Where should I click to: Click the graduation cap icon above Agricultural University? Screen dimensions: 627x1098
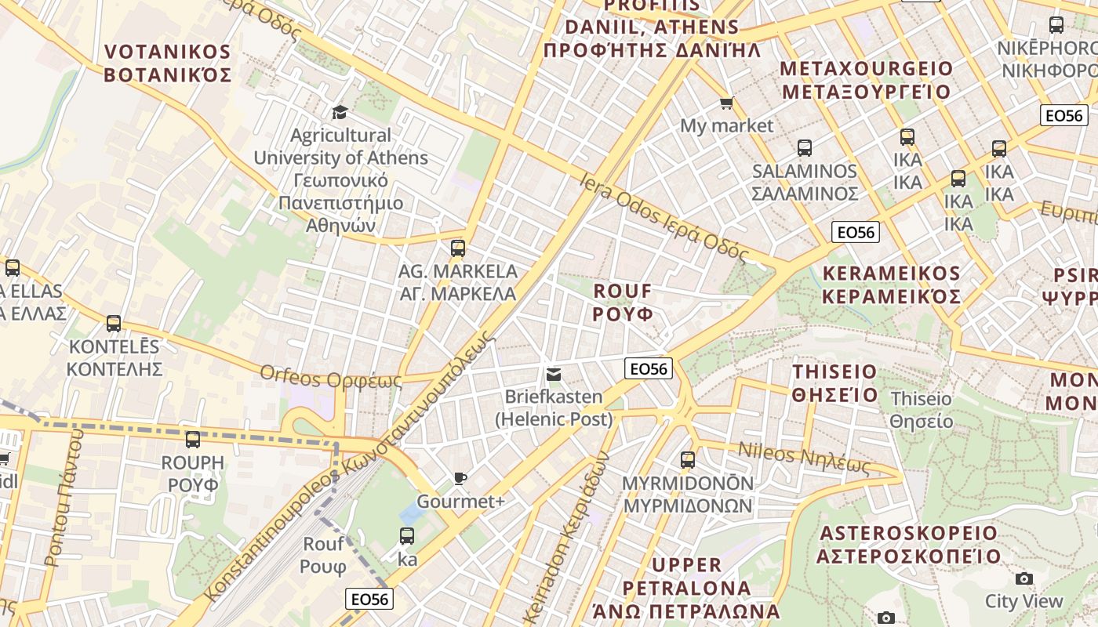(339, 112)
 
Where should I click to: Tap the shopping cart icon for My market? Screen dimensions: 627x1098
(727, 103)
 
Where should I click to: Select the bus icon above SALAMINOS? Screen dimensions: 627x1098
(804, 147)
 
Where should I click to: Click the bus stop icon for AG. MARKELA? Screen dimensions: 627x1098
(458, 248)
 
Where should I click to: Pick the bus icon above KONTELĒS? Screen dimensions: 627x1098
(114, 323)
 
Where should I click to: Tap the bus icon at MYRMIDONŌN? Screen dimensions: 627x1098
(688, 460)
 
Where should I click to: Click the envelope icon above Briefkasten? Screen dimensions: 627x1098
(554, 374)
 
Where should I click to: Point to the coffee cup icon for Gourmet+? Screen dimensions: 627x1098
(460, 478)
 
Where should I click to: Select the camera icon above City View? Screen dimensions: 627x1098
(1023, 578)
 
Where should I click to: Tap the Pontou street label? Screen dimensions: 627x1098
(63, 498)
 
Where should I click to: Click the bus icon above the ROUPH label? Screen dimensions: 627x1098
(193, 440)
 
